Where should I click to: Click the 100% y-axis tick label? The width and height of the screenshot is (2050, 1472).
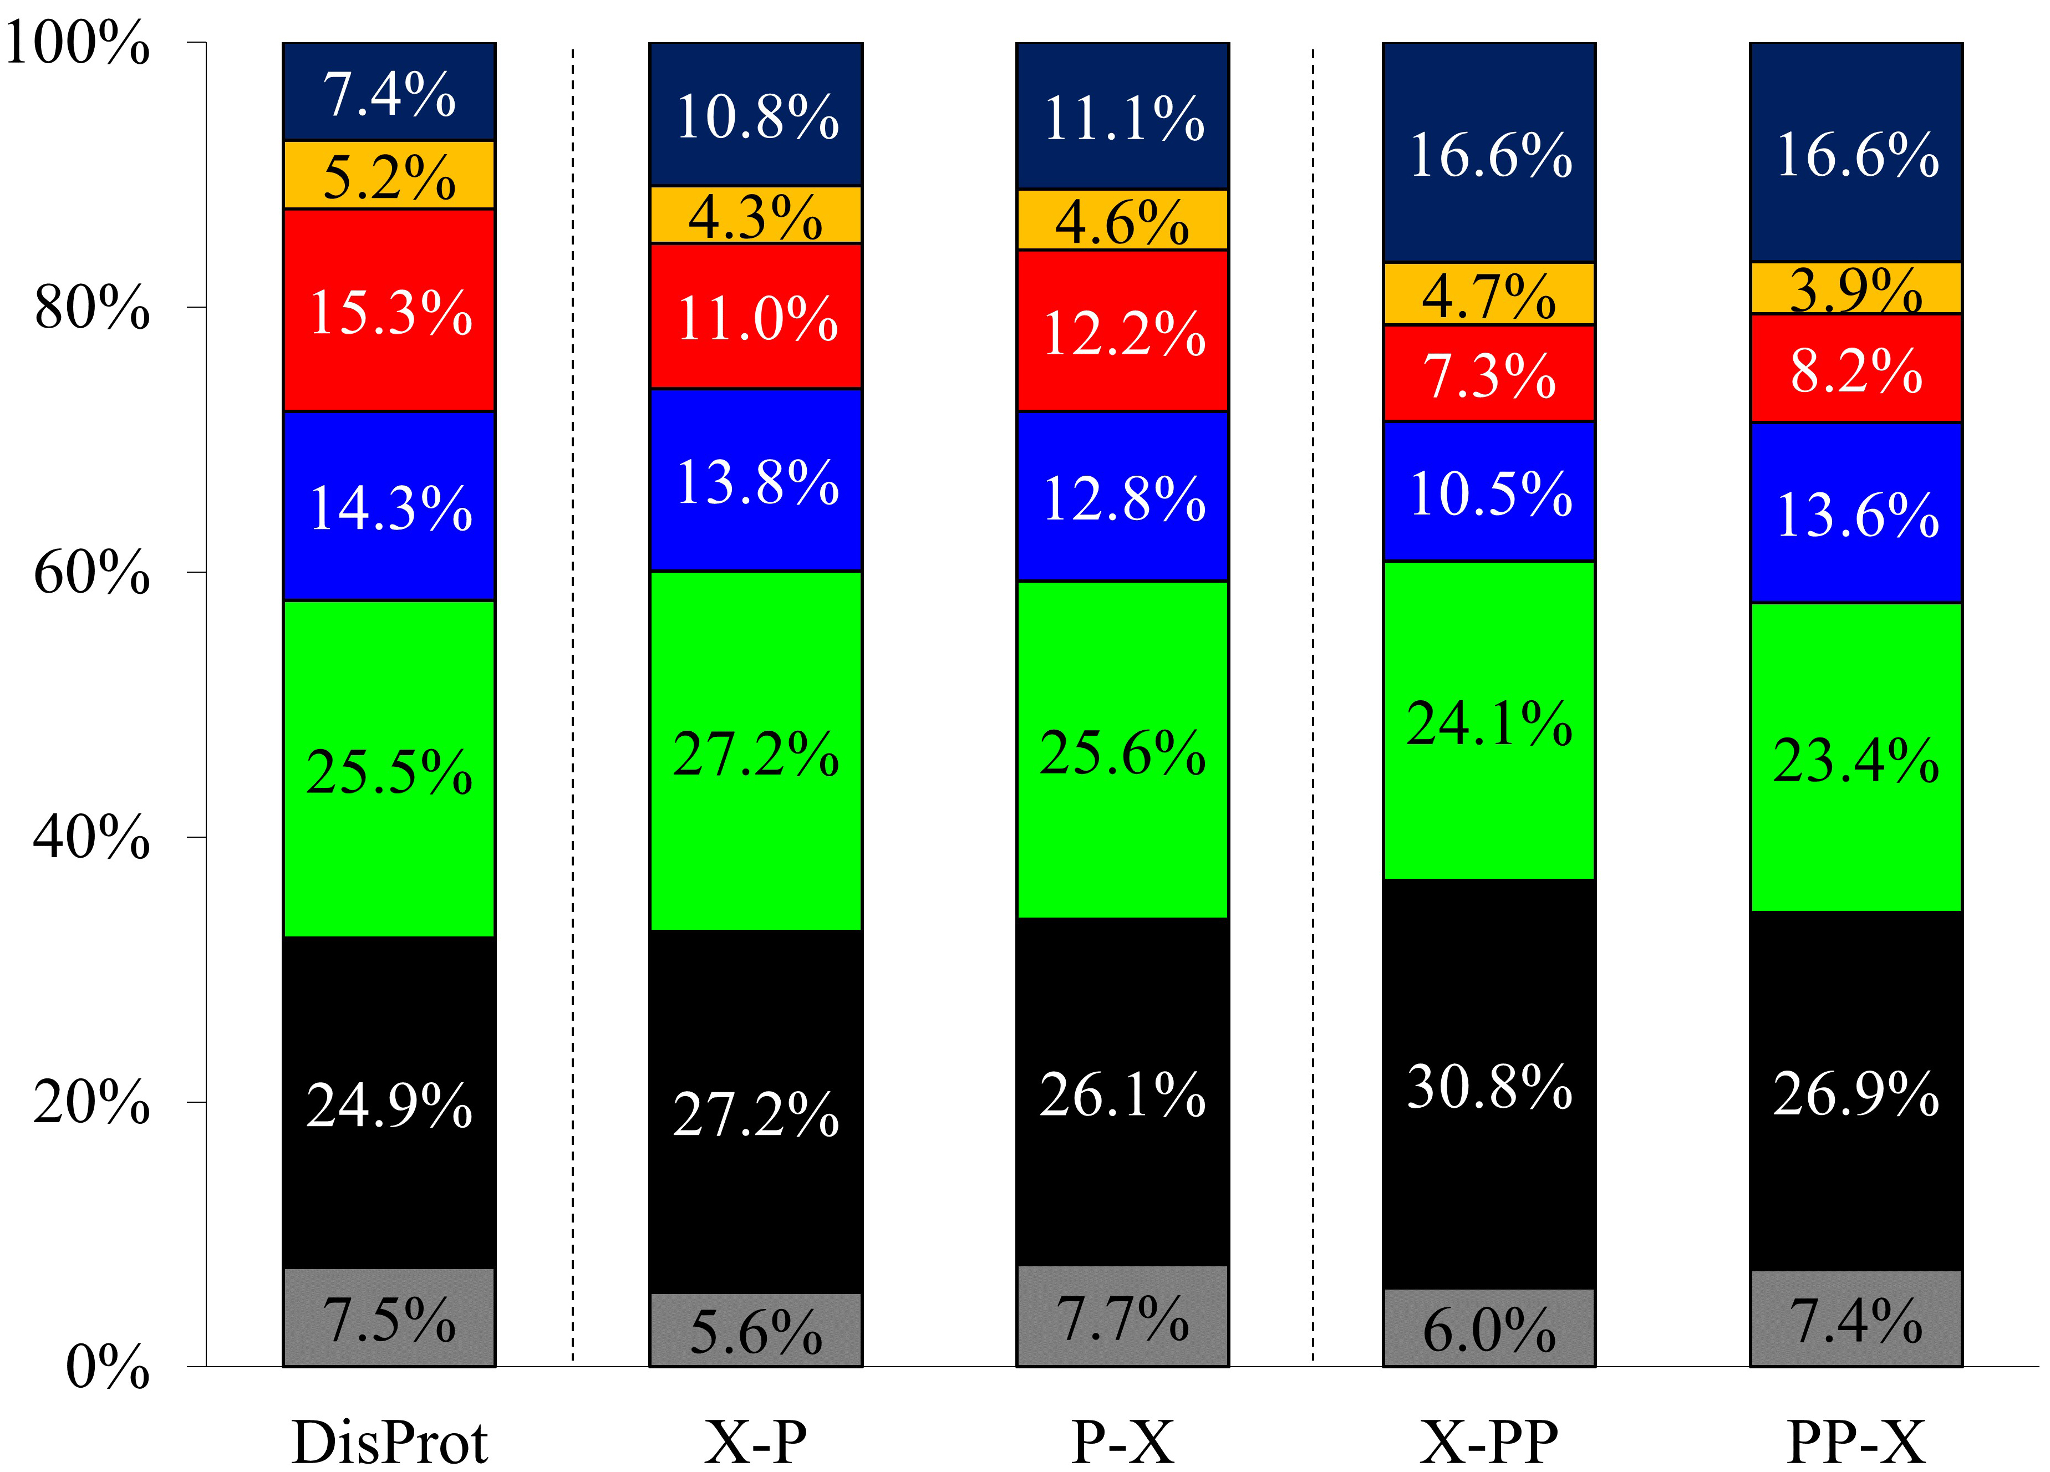[x=78, y=43]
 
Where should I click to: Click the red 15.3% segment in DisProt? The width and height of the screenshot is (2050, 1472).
[x=390, y=310]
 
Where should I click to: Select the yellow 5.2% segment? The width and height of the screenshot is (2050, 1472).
[x=390, y=175]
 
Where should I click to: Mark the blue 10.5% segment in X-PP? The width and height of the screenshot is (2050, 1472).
[x=1489, y=492]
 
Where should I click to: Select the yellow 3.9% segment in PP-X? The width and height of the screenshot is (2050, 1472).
[x=1856, y=288]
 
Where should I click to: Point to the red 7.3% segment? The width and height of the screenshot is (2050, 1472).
[x=1489, y=373]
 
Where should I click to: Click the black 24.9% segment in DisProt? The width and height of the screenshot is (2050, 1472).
[x=390, y=1102]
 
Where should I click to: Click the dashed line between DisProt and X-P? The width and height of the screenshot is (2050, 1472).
[x=573, y=705]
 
